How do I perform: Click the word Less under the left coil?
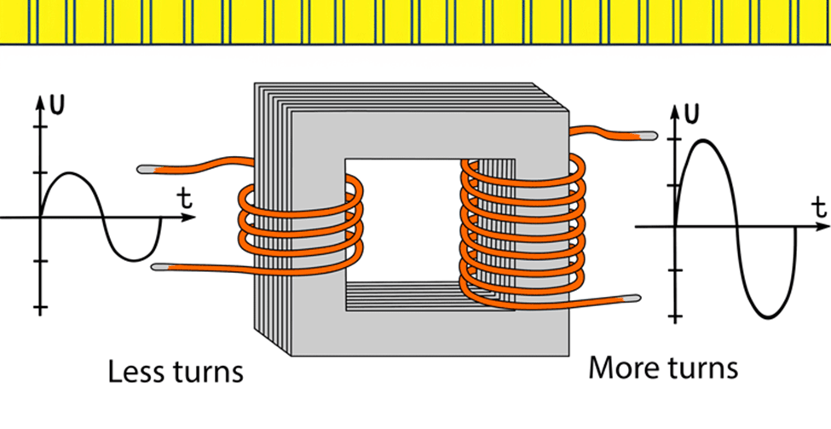click(x=136, y=372)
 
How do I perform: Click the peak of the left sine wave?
click(x=72, y=174)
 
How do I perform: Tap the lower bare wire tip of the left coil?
click(x=159, y=268)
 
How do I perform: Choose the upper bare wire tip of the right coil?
click(x=648, y=135)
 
